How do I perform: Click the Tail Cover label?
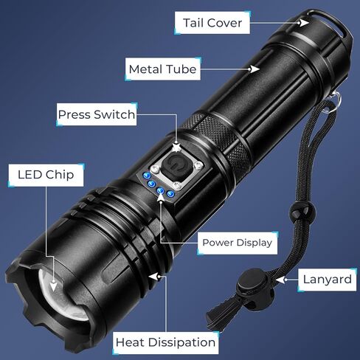(x=212, y=22)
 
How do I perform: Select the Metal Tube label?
(x=162, y=69)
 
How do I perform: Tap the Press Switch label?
(x=97, y=114)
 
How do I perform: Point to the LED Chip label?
(x=46, y=176)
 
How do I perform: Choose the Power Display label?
(x=237, y=242)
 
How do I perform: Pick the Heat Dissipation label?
(x=165, y=342)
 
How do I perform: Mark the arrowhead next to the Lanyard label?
(x=277, y=280)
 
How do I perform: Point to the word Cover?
(x=226, y=22)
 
